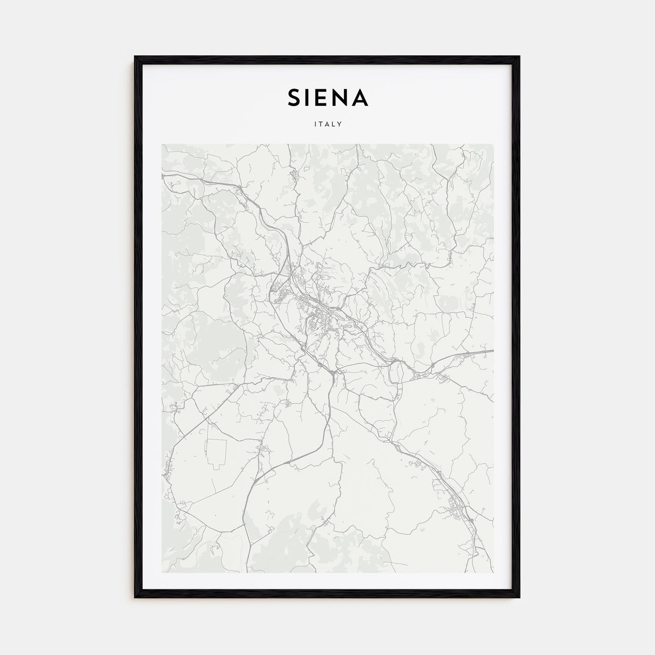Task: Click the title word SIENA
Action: [327, 98]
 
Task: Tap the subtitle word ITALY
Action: [327, 124]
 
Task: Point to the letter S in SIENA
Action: [294, 98]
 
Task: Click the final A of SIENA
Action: [361, 98]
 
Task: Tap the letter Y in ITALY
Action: [341, 124]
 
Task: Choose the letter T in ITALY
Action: [320, 124]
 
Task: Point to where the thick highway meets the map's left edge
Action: [163, 175]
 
